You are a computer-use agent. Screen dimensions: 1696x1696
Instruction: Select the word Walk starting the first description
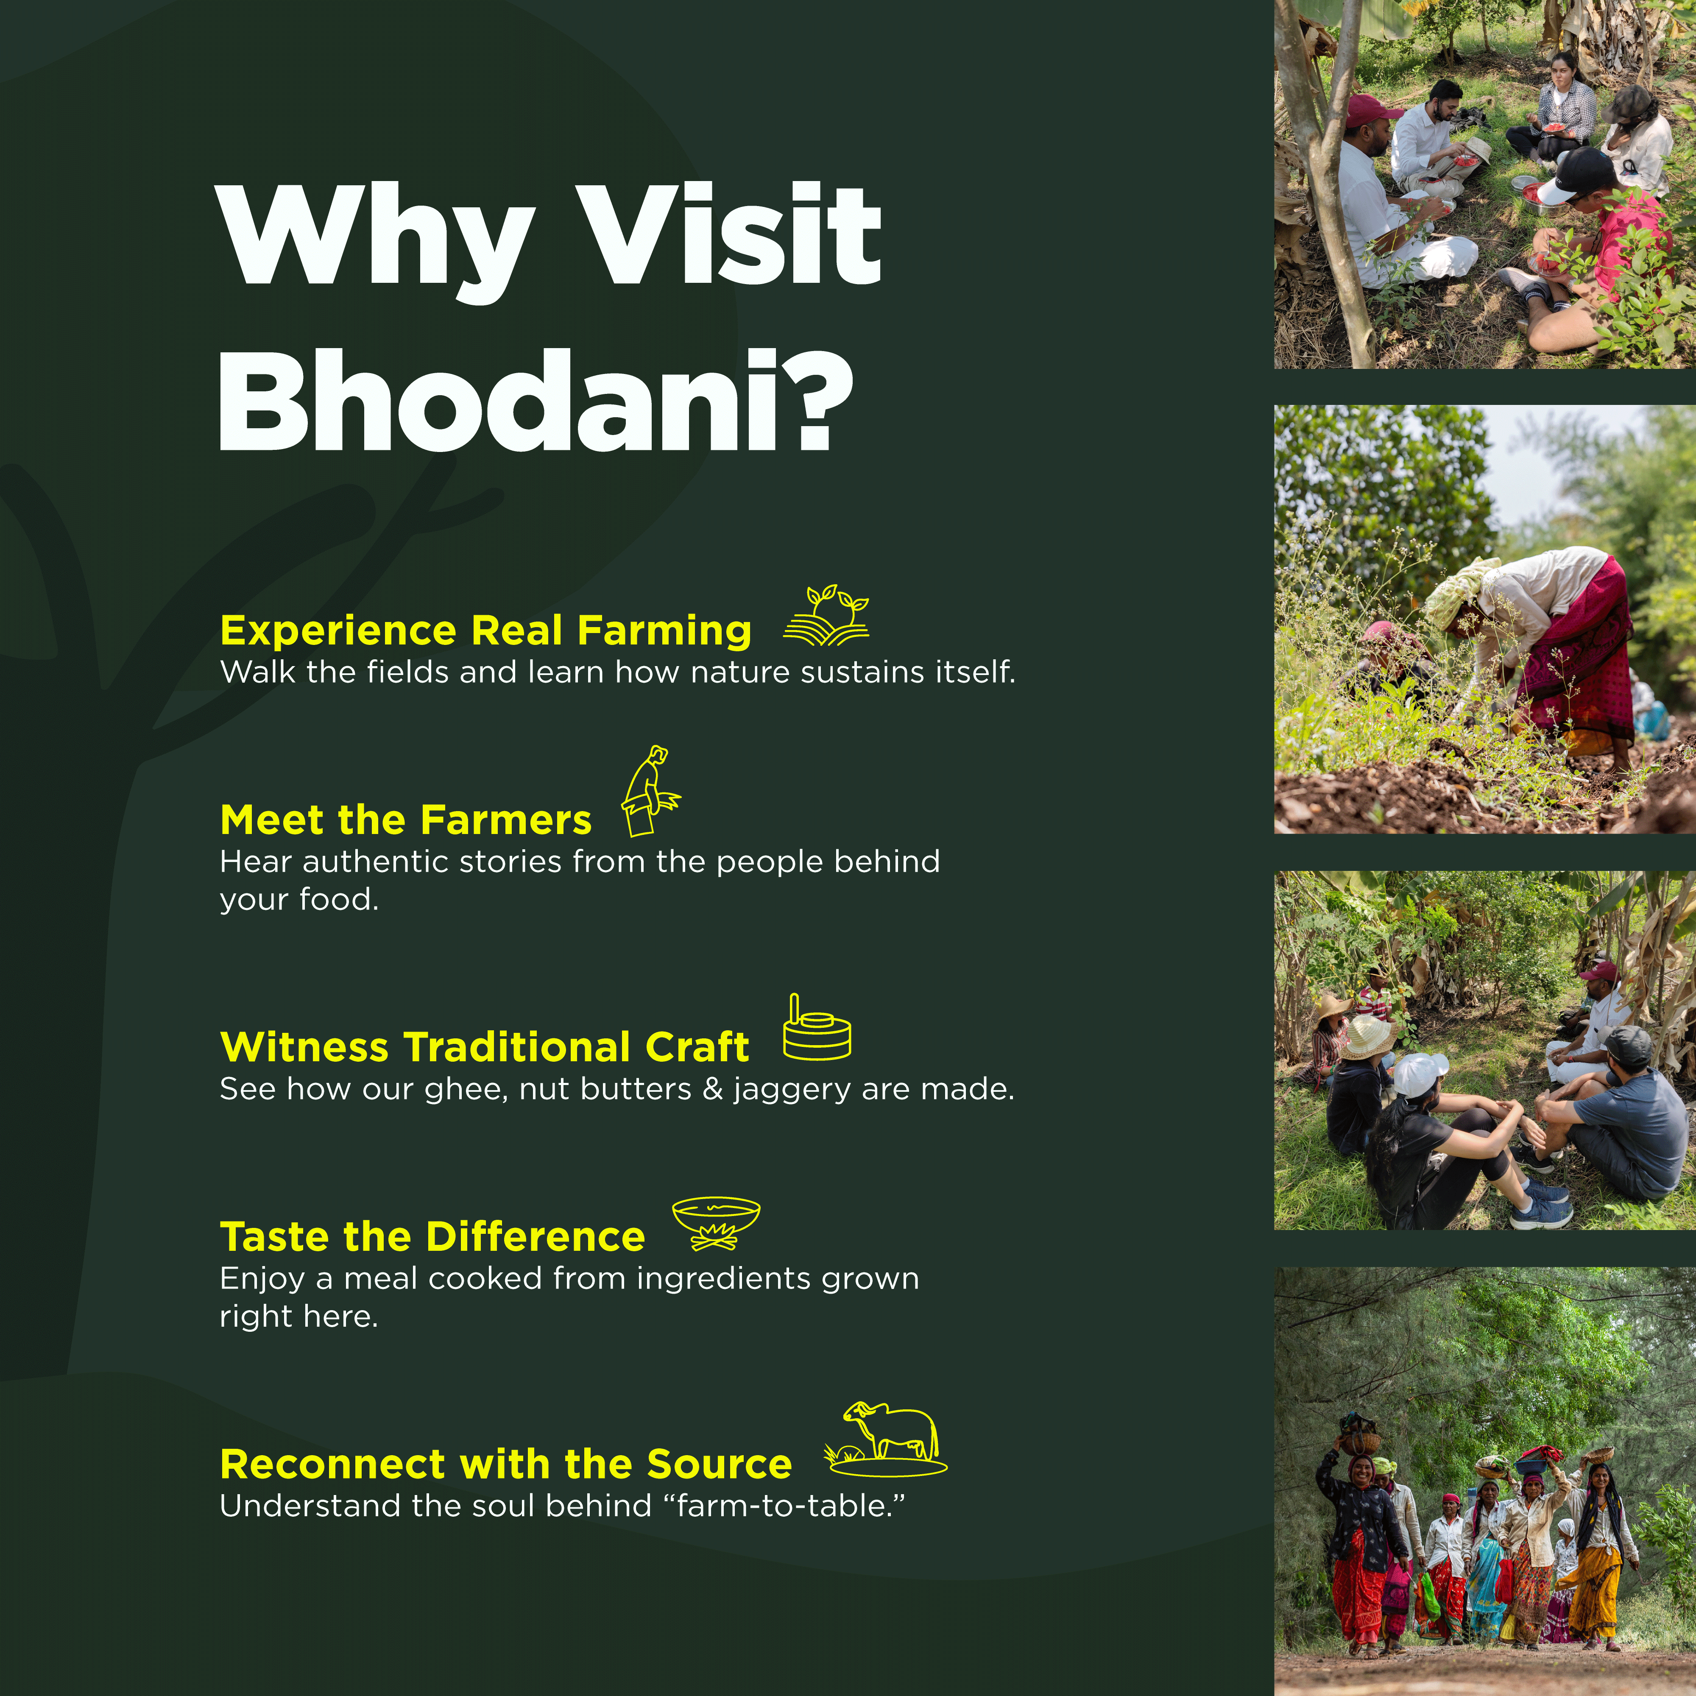(x=257, y=672)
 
